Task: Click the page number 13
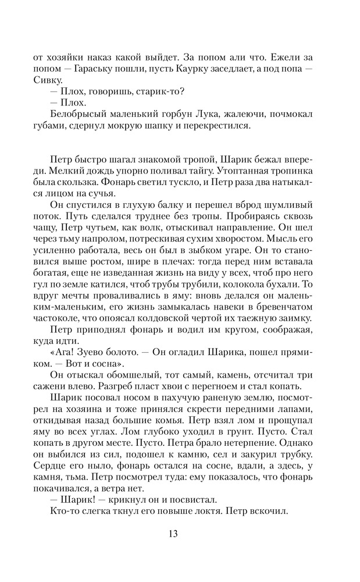(x=180, y=534)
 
